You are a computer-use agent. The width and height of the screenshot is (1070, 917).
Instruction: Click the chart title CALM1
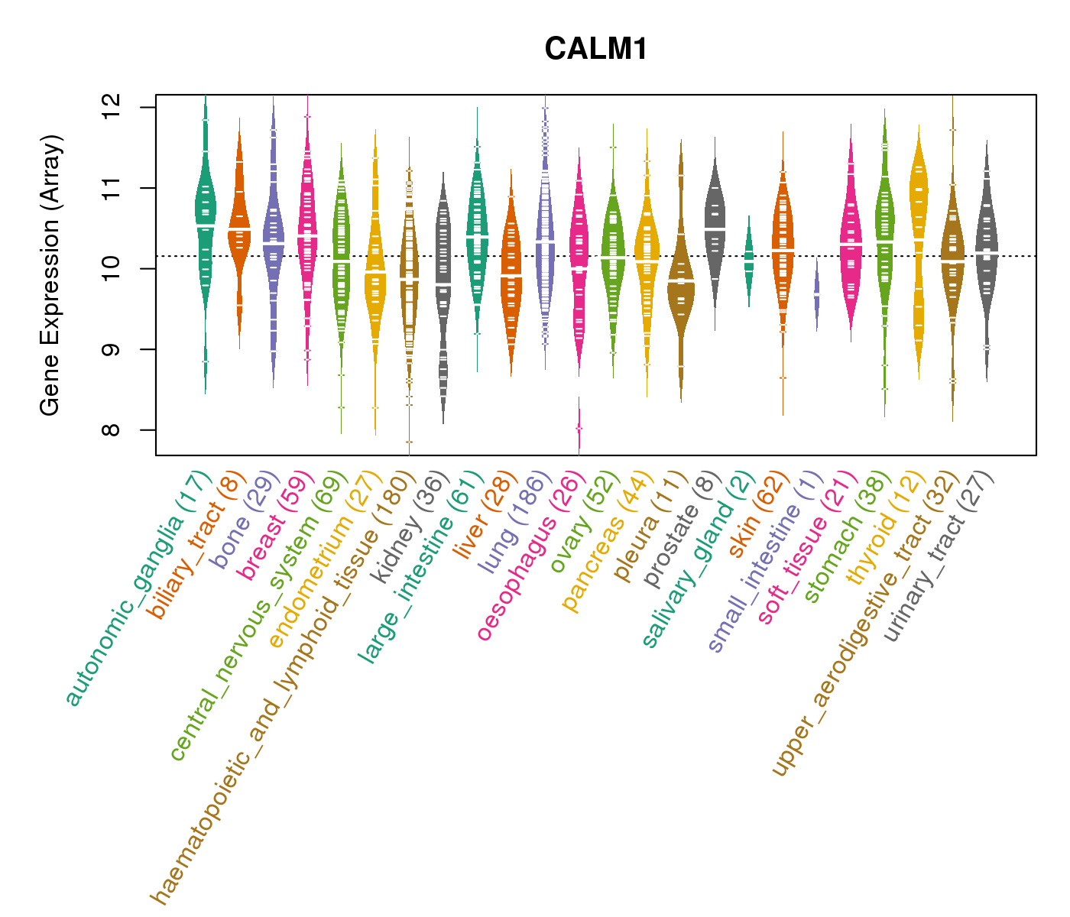pyautogui.click(x=596, y=50)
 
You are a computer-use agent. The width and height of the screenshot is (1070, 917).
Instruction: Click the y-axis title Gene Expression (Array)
pyautogui.click(x=50, y=276)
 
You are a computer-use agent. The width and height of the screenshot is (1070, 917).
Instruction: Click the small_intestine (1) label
pyautogui.click(x=765, y=561)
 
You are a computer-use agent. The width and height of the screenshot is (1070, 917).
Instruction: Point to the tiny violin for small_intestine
pyautogui.click(x=816, y=294)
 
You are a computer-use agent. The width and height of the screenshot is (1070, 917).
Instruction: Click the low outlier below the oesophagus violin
pyautogui.click(x=579, y=428)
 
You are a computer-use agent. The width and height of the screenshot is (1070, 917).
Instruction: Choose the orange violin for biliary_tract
pyautogui.click(x=239, y=229)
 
